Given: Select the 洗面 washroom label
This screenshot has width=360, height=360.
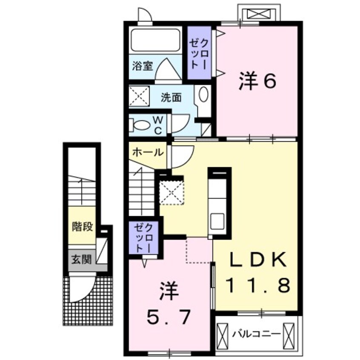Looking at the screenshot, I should pyautogui.click(x=171, y=97).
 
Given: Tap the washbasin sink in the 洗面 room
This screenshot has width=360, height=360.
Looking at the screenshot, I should pyautogui.click(x=203, y=94).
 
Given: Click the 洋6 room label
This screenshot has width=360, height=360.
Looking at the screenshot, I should pyautogui.click(x=258, y=82).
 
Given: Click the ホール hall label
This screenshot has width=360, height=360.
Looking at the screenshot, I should pyautogui.click(x=147, y=152).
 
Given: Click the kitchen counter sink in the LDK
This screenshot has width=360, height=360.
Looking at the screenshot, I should pyautogui.click(x=217, y=220).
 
